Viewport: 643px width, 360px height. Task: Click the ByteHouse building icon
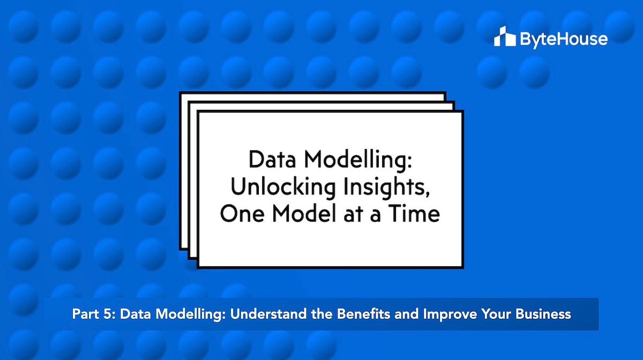point(504,37)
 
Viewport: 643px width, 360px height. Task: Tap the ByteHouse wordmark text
point(563,39)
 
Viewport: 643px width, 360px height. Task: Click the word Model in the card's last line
point(303,214)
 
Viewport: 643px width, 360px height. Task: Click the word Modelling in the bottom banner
point(184,314)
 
